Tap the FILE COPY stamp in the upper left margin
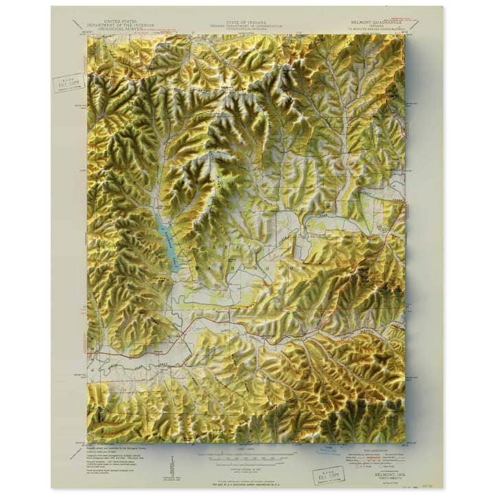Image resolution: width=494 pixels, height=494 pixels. [69, 83]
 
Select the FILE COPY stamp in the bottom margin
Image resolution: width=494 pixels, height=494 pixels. [328, 475]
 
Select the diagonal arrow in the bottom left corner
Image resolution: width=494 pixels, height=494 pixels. [76, 453]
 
